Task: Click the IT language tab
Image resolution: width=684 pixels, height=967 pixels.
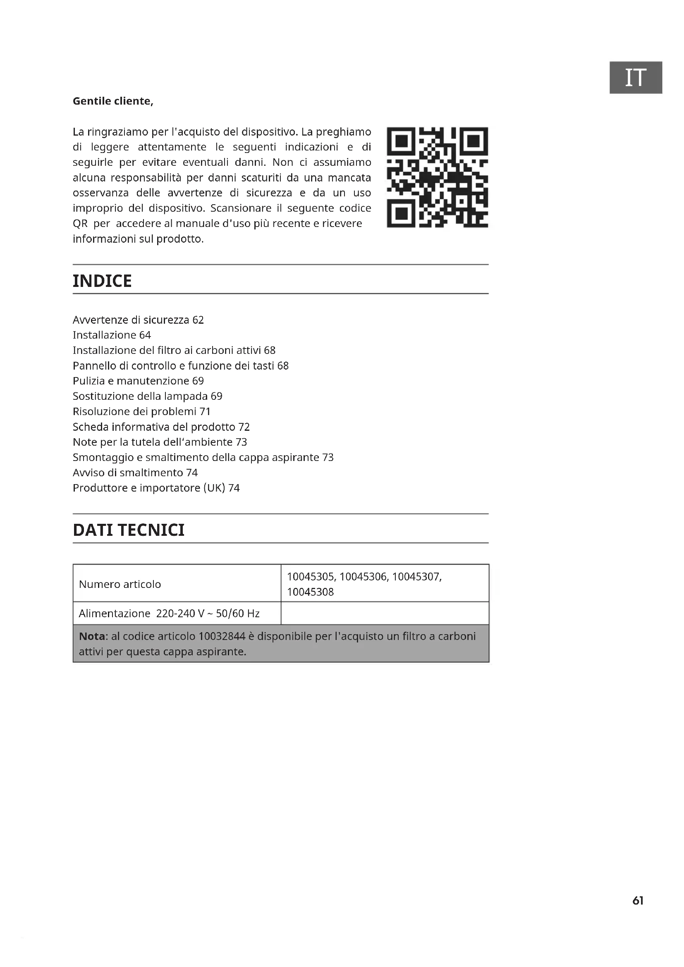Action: tap(636, 77)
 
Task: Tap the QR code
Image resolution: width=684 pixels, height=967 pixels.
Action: tap(437, 177)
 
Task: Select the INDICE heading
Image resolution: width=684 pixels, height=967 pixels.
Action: tap(102, 281)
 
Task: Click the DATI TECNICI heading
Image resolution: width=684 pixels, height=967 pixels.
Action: tap(129, 530)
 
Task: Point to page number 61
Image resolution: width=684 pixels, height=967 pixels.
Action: tap(638, 900)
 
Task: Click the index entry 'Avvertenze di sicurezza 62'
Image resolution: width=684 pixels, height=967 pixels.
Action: tap(138, 320)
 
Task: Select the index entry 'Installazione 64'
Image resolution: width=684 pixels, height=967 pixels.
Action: tap(112, 335)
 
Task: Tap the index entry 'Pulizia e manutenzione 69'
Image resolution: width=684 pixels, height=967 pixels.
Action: tap(138, 381)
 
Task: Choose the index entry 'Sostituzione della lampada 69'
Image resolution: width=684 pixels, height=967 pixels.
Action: tap(147, 396)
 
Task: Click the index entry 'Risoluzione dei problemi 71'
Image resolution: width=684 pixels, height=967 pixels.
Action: tap(141, 411)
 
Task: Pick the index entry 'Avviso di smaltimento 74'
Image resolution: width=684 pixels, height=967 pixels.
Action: tap(135, 473)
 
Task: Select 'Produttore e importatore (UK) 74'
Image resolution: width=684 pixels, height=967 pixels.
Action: tap(156, 488)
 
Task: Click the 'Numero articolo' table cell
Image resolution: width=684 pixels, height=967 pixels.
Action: tap(120, 584)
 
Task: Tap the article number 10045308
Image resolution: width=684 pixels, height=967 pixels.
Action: tap(311, 592)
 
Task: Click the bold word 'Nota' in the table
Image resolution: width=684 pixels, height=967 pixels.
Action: tap(92, 636)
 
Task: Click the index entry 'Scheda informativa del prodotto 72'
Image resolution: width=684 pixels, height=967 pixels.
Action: tap(161, 427)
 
